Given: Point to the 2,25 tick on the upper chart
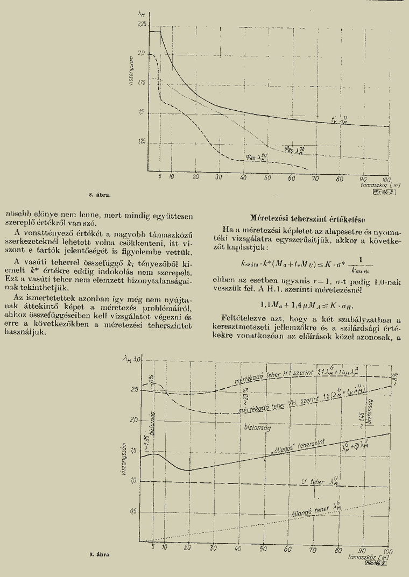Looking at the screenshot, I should [142, 25].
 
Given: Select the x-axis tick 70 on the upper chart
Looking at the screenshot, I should [315, 177].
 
